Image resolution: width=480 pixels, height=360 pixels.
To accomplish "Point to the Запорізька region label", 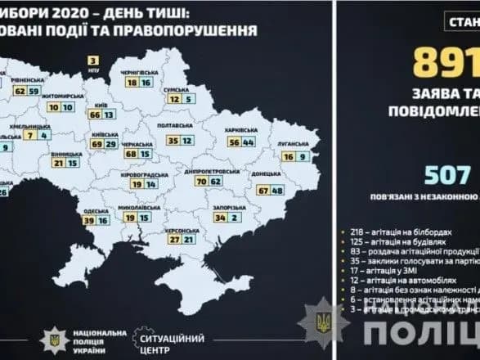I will click(x=233, y=208).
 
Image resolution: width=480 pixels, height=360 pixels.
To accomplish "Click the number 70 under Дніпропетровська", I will click(x=200, y=180).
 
